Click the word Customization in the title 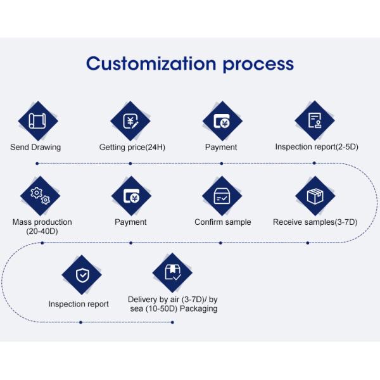tap(150, 64)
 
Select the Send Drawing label tap(35, 148)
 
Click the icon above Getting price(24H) tap(130, 121)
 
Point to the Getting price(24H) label tap(132, 148)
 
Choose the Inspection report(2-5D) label tap(317, 147)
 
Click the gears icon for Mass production tap(41, 196)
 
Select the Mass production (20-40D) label tap(42, 227)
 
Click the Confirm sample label tap(223, 222)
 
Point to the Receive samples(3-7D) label tap(315, 222)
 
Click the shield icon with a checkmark tap(82, 274)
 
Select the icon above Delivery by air tap(172, 272)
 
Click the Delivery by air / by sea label tap(172, 304)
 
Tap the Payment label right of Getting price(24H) tap(221, 148)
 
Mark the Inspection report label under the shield tap(79, 304)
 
